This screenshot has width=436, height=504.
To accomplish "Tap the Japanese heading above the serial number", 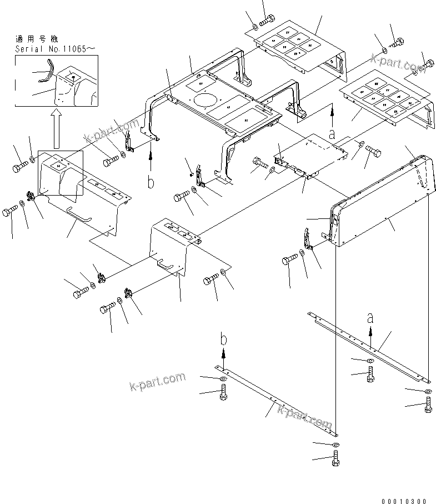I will [x=38, y=39].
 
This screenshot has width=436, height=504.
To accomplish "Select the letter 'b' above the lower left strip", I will [x=223, y=339].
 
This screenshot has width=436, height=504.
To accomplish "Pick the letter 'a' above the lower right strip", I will [x=370, y=318].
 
